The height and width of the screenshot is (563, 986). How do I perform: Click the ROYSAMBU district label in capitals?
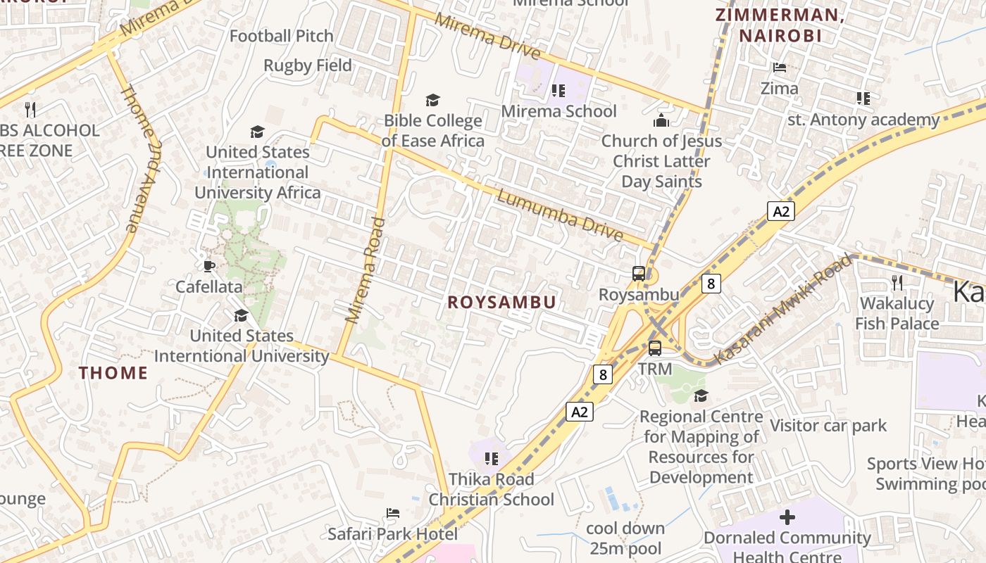tap(502, 303)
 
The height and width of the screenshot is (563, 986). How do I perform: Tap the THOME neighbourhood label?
tap(113, 373)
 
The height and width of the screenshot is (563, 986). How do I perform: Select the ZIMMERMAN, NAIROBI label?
tap(780, 25)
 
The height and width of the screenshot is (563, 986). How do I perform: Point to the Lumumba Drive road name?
tap(560, 215)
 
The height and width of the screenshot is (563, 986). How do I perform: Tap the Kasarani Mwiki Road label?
tap(782, 310)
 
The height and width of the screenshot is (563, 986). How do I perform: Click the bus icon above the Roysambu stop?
tap(639, 274)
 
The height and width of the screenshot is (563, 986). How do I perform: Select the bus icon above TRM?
tap(655, 348)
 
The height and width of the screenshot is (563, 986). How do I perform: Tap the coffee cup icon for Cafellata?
tap(208, 266)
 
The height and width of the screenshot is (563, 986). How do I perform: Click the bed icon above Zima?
tap(780, 68)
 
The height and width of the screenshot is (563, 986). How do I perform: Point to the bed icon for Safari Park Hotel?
tap(393, 513)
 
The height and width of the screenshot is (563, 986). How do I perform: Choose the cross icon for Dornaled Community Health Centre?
tap(787, 518)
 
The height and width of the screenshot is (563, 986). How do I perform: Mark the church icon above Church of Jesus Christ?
tap(661, 120)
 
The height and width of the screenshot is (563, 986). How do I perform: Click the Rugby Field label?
tap(308, 65)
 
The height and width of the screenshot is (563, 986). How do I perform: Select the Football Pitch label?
tap(282, 36)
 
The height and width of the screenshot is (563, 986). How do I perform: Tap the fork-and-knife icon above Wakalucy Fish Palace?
tap(897, 283)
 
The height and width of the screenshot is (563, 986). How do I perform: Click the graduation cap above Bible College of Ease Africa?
tap(432, 101)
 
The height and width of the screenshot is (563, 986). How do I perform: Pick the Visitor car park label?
tap(828, 426)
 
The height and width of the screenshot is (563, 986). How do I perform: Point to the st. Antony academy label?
tap(863, 120)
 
